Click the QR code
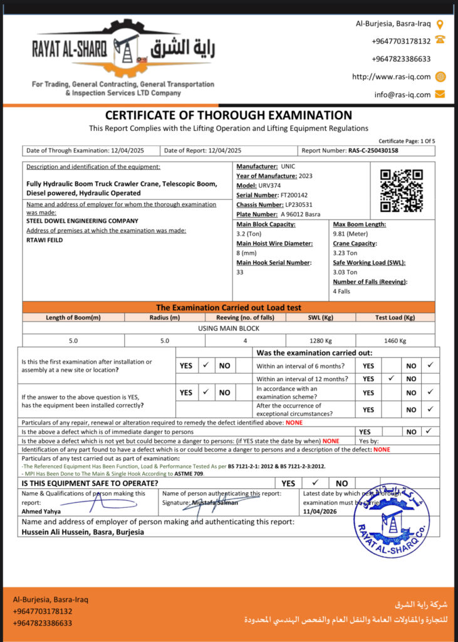pos(402,190)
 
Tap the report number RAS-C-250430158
pos(373,150)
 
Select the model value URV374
pos(271,186)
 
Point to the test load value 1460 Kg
pos(395,340)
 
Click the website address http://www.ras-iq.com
pos(392,76)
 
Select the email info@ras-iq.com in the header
pos(403,95)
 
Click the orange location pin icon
pos(440,24)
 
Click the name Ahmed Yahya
pos(41,511)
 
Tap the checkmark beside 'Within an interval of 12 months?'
pos(390,379)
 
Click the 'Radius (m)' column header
pos(165,317)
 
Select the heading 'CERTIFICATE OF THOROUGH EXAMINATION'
pos(229,115)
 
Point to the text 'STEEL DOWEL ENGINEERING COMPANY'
pos(82,221)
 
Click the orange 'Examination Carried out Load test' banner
pos(229,307)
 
